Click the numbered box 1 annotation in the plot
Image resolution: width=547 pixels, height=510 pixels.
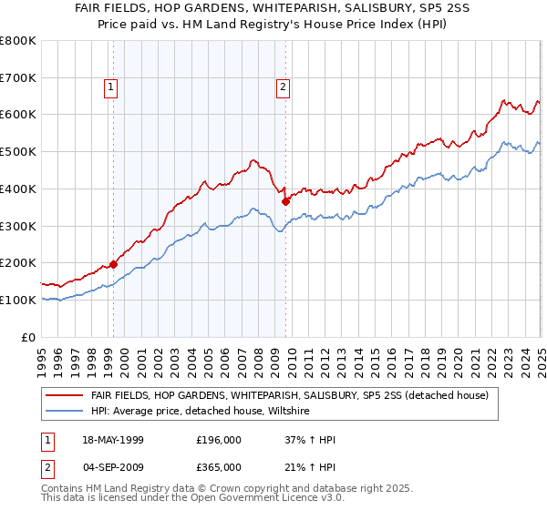[x=110, y=87]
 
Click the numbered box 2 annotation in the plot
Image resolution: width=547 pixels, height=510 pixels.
[x=283, y=87]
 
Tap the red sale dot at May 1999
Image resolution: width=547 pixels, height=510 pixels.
[x=113, y=264]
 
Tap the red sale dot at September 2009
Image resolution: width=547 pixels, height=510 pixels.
[x=285, y=201]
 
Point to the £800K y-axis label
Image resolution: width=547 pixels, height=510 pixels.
[x=17, y=41]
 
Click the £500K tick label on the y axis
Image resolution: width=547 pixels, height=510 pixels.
[x=17, y=152]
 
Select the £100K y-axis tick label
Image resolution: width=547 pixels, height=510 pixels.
[x=17, y=300]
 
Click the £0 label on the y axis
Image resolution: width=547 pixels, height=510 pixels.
[x=29, y=337]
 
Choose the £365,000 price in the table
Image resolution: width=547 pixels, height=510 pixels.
[x=218, y=466]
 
